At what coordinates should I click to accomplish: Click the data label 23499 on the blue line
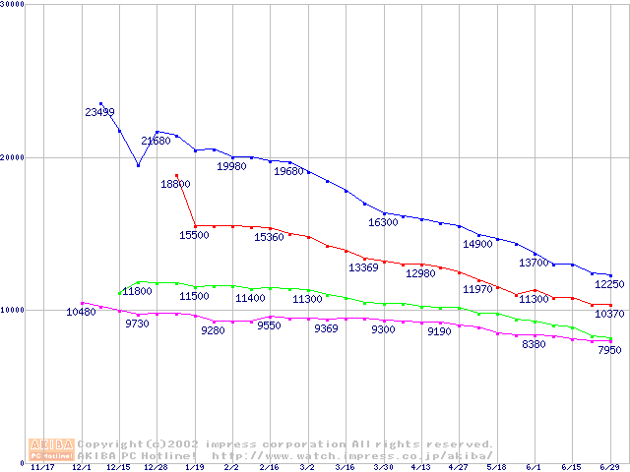pos(99,112)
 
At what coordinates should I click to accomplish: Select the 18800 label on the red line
pos(176,184)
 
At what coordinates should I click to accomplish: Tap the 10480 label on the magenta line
pos(81,312)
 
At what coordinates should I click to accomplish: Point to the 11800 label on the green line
pos(137,291)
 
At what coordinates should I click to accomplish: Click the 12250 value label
pos(608,284)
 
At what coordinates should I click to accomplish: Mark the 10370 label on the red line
pos(610,314)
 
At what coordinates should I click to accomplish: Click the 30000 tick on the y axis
pos(12,4)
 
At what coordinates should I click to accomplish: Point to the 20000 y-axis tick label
pos(12,157)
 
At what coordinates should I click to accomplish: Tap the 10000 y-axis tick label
pos(12,310)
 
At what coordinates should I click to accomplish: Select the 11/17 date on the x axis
pos(42,468)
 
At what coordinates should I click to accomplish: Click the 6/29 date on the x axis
pos(609,468)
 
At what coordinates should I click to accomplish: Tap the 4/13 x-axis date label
pos(420,468)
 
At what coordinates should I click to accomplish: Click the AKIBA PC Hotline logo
pos(51,449)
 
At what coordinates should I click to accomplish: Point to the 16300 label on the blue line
pos(383,223)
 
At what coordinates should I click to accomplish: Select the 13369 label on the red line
pos(363,267)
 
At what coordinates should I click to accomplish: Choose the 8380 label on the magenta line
pos(534,345)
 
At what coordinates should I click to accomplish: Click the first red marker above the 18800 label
pos(176,175)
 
